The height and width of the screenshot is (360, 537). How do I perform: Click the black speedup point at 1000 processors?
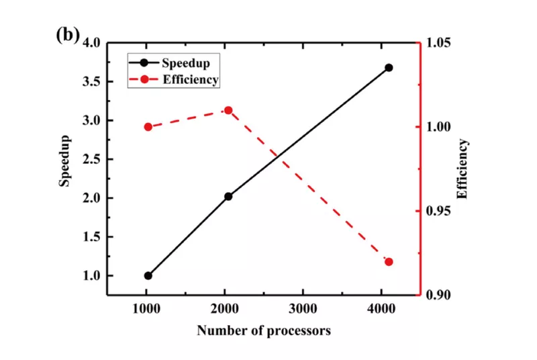pyautogui.click(x=148, y=275)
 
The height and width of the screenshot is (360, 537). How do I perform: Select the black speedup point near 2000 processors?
pyautogui.click(x=228, y=196)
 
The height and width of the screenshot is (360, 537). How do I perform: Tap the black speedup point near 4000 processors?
pyautogui.click(x=389, y=68)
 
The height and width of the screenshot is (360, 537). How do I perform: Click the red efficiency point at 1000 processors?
pyautogui.click(x=148, y=127)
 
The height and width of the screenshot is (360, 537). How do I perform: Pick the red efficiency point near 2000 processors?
pyautogui.click(x=228, y=110)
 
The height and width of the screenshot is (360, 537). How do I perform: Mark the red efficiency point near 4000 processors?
pyautogui.click(x=389, y=262)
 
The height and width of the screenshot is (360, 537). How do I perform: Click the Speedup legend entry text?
pyautogui.click(x=186, y=63)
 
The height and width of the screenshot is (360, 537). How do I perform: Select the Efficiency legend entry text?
pyautogui.click(x=191, y=79)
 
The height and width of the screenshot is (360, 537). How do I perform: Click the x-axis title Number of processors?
pyautogui.click(x=263, y=331)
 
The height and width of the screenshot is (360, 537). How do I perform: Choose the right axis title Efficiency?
pyautogui.click(x=462, y=169)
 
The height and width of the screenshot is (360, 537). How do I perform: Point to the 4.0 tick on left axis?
pyautogui.click(x=92, y=43)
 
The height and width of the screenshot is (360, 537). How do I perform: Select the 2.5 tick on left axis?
pyautogui.click(x=92, y=159)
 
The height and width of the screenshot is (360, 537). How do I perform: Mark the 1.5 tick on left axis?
pyautogui.click(x=92, y=237)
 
